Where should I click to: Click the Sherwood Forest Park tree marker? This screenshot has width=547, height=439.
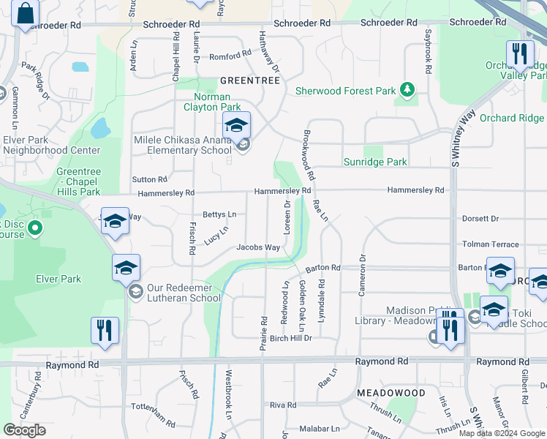click(407, 91)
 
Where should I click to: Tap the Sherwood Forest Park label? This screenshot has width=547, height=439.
click(345, 91)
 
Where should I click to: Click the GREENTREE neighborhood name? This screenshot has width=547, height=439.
click(250, 80)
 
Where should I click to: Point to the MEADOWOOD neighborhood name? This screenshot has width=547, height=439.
click(391, 393)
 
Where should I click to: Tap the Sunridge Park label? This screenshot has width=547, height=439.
click(375, 162)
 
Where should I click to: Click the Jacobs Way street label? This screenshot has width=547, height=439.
click(258, 247)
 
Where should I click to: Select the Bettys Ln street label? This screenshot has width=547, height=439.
click(219, 214)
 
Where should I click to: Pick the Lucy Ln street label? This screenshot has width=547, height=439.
click(216, 235)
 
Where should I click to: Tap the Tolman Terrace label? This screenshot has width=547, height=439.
click(490, 244)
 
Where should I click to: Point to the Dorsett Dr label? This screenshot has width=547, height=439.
click(480, 219)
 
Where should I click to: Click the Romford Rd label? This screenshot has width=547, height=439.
click(230, 56)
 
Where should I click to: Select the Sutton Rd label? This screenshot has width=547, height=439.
click(150, 179)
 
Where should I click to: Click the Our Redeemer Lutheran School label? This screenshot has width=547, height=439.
click(184, 292)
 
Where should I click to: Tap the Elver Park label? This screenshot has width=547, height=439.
click(59, 279)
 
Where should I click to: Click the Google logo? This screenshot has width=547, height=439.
click(24, 430)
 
